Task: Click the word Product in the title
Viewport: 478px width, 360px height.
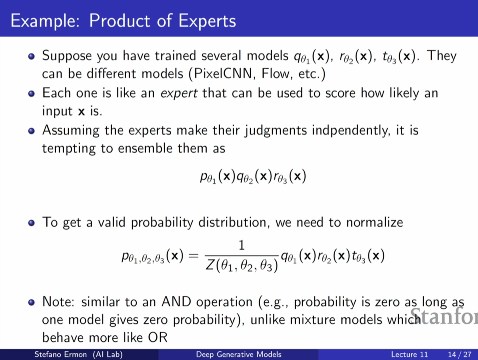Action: click(x=120, y=21)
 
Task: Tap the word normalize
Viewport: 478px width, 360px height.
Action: click(x=374, y=223)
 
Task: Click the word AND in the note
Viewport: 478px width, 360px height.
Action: click(x=176, y=302)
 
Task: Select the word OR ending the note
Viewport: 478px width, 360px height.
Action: click(x=158, y=337)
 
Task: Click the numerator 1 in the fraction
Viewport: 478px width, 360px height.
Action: click(x=242, y=245)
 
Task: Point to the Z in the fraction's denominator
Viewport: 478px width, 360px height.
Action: click(x=210, y=266)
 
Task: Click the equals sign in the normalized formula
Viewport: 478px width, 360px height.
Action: click(x=193, y=256)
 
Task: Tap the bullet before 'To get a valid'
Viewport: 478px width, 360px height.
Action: click(x=31, y=223)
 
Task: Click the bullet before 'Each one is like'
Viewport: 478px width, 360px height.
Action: click(x=31, y=94)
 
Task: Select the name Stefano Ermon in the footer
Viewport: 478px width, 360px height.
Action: click(x=61, y=354)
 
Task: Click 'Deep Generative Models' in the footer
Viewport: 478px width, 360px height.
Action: click(x=239, y=354)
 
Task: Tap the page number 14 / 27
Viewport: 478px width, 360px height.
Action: click(x=460, y=355)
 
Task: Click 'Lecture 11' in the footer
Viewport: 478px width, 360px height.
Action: click(x=409, y=355)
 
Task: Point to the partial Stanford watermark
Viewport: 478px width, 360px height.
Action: click(x=444, y=316)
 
